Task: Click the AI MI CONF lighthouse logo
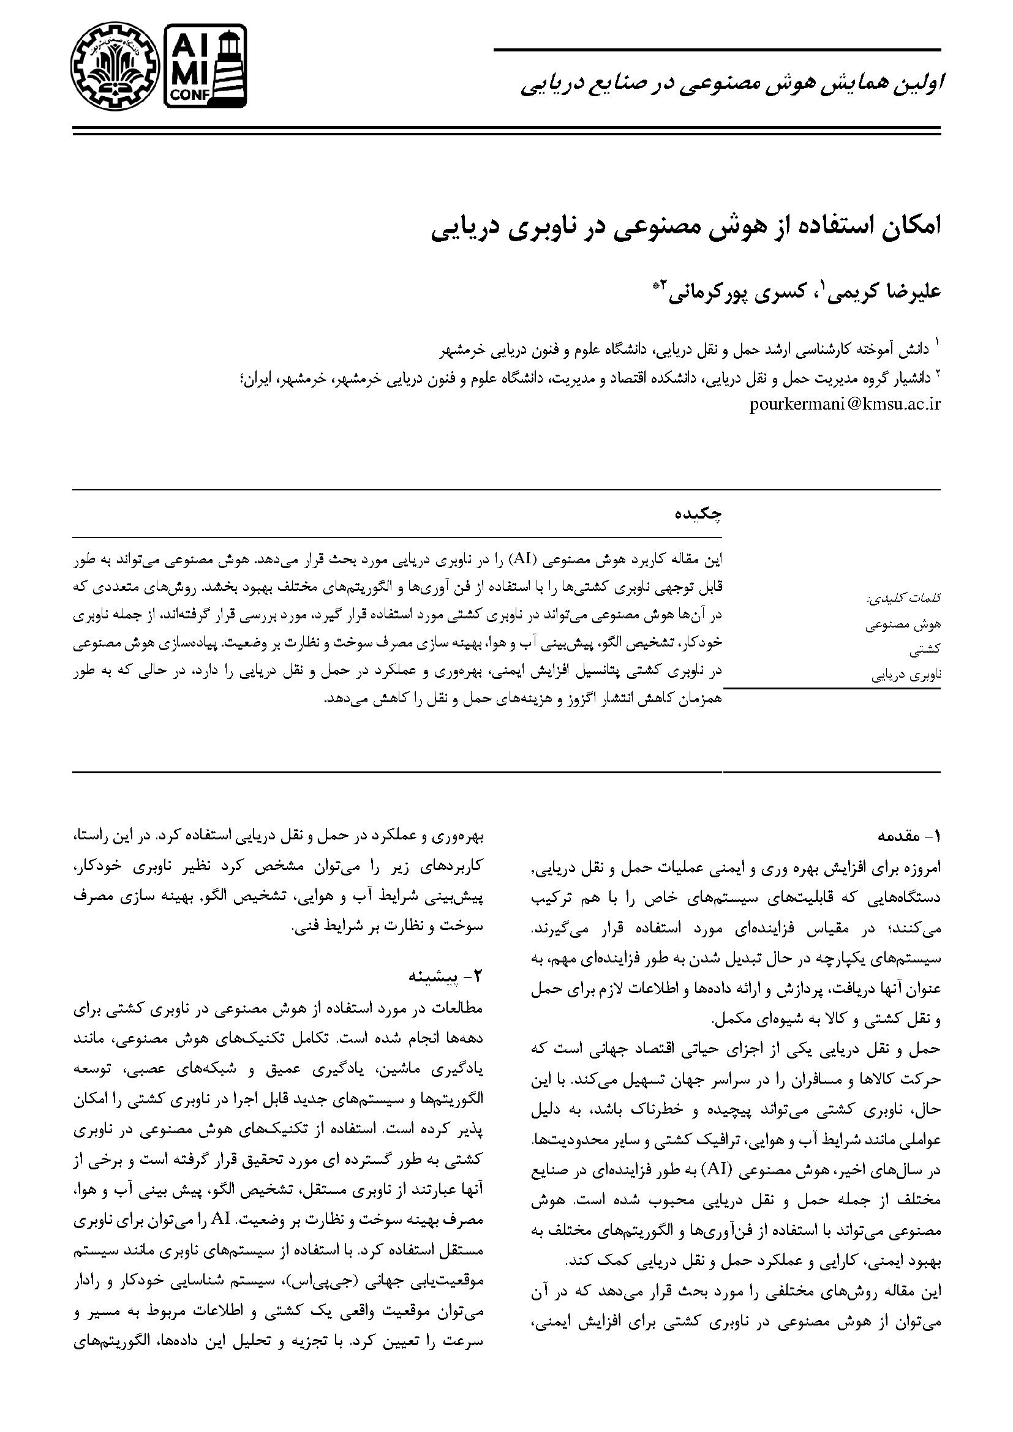(x=205, y=66)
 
